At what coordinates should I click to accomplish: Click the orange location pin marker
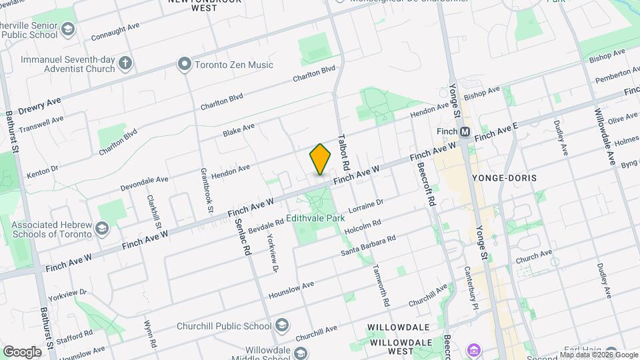click(x=321, y=159)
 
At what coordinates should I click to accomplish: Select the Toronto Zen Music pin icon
click(x=184, y=65)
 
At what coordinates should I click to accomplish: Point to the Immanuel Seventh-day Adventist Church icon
click(x=125, y=64)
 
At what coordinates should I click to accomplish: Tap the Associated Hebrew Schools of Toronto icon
click(x=101, y=229)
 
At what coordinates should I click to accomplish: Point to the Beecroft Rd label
click(x=431, y=185)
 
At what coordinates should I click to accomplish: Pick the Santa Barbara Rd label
click(x=368, y=245)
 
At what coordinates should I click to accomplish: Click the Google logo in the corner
click(x=21, y=351)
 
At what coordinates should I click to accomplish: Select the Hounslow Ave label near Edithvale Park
click(x=291, y=289)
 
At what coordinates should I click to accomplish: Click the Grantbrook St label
click(x=205, y=190)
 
